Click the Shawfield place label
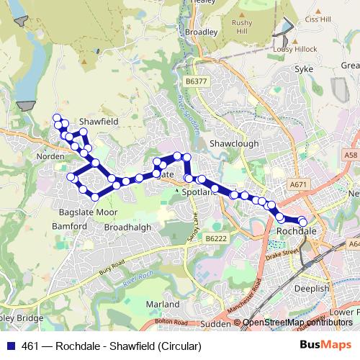98,122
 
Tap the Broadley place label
201,32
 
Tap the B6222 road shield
215,238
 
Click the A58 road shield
351,155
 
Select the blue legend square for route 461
9,346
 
